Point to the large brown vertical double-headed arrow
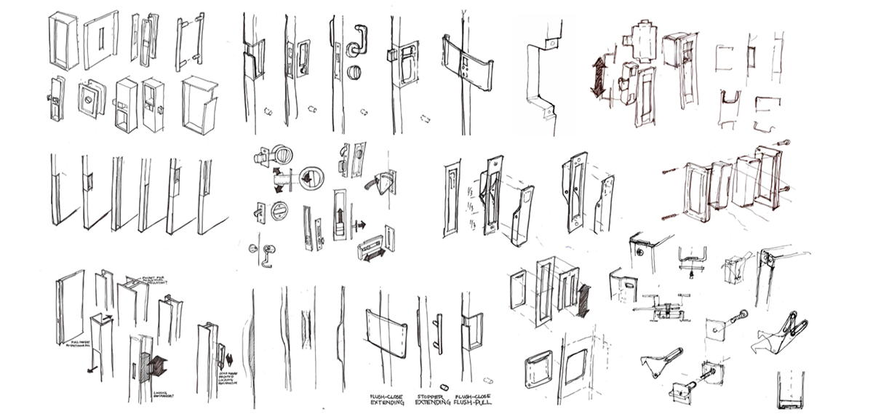pyautogui.click(x=598, y=77)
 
